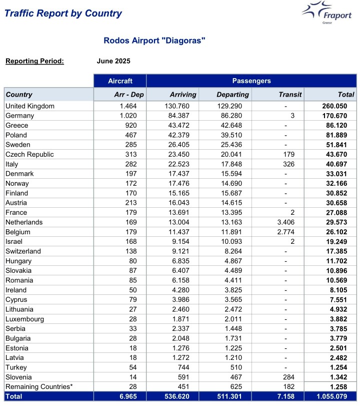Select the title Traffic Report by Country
(63, 14)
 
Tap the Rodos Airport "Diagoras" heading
(154, 40)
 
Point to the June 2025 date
(113, 61)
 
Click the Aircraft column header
(120, 81)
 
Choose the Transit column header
(290, 94)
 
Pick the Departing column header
(232, 94)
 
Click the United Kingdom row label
(30, 106)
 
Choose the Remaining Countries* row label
(39, 386)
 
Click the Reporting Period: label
(34, 61)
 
